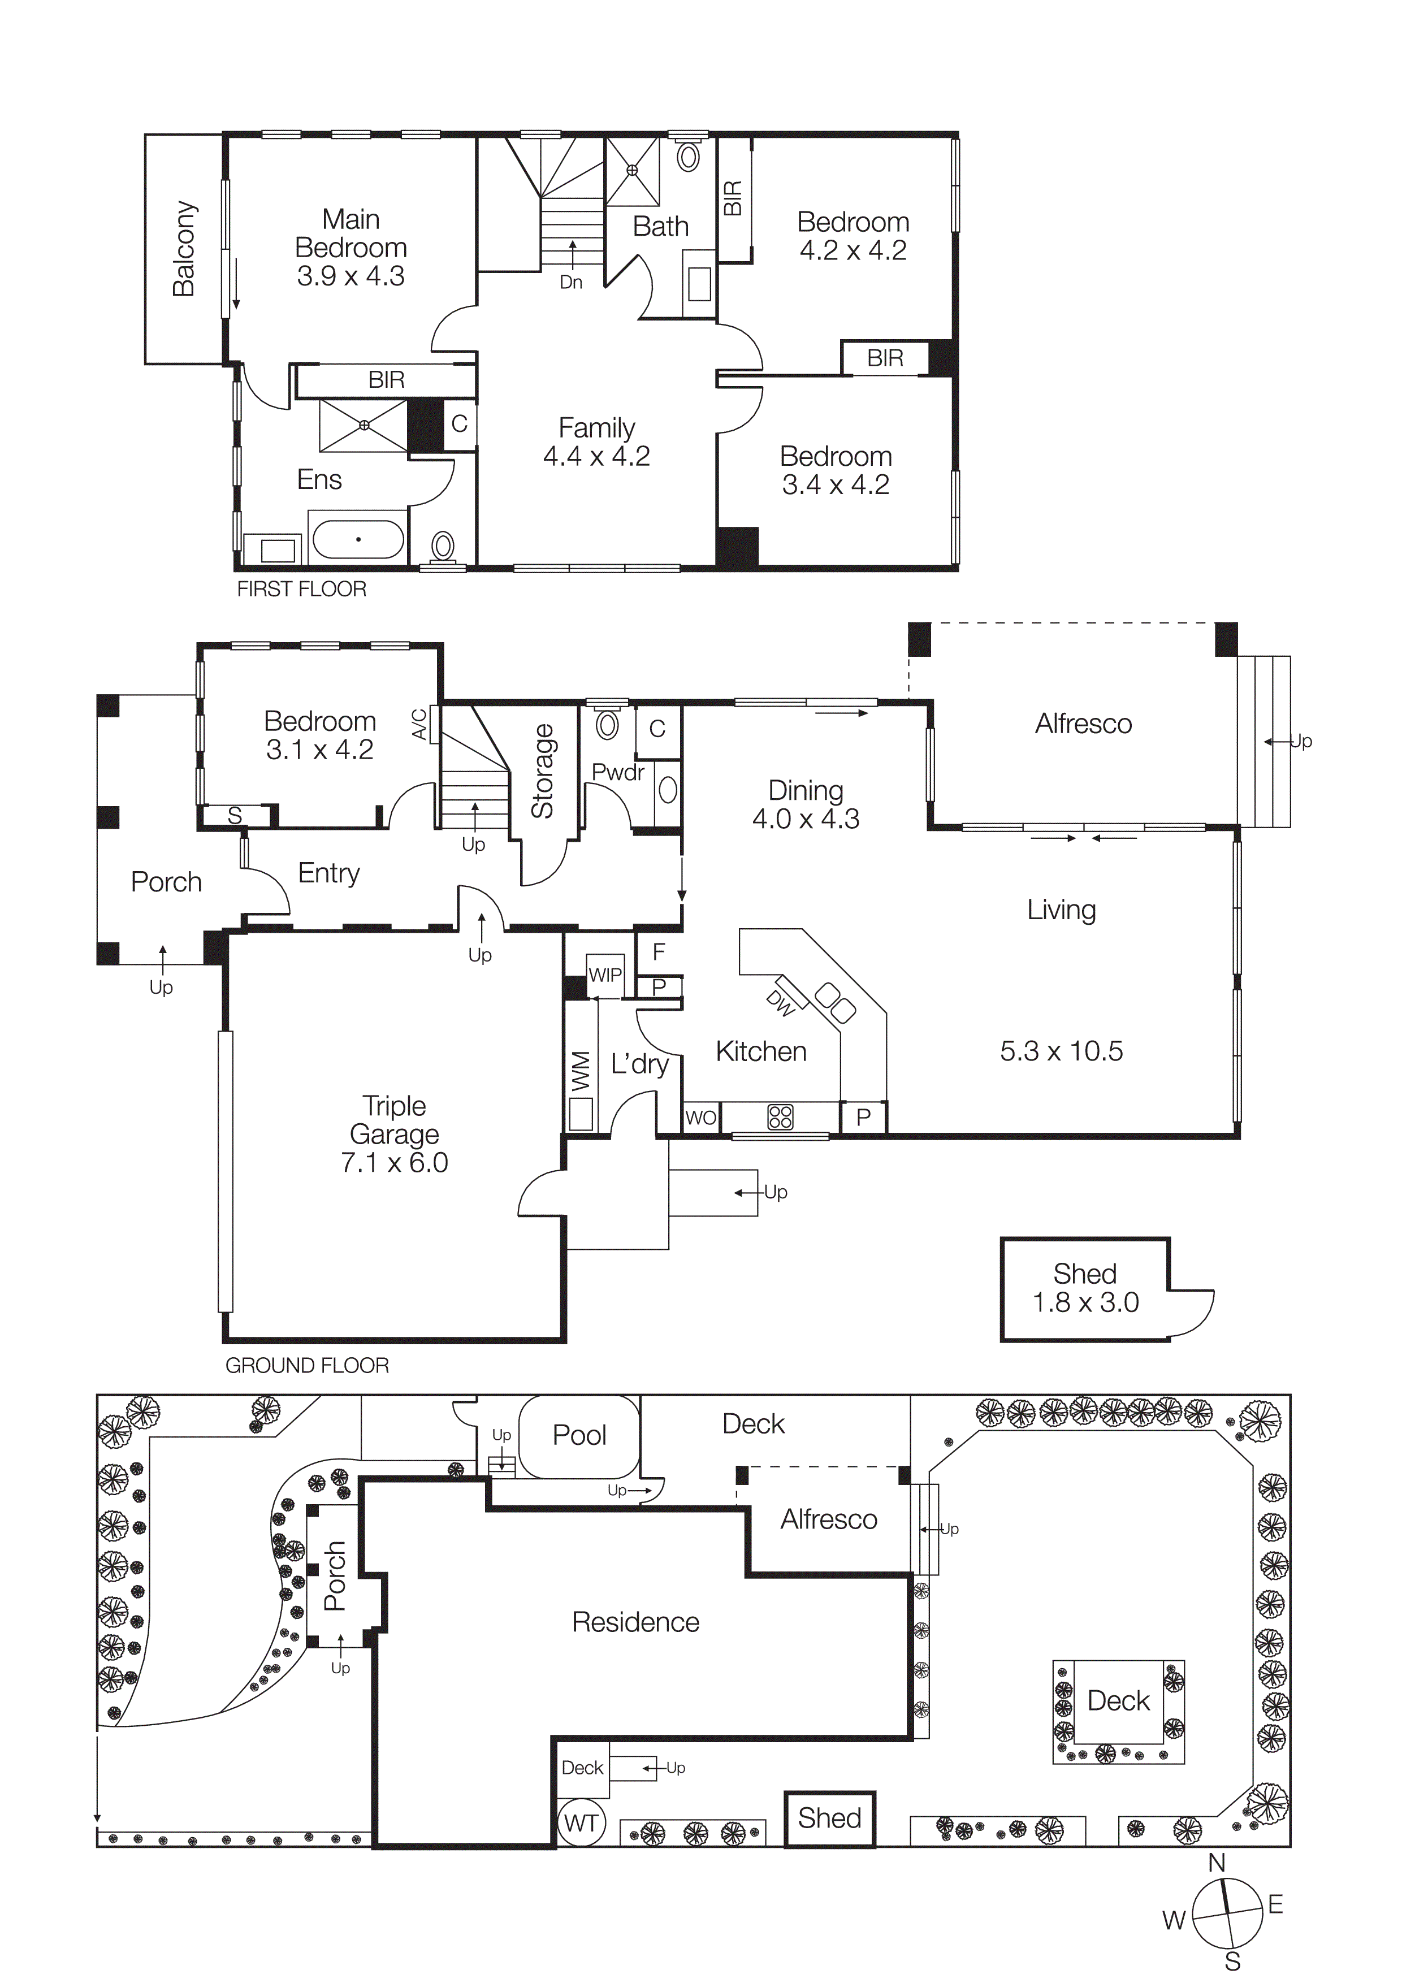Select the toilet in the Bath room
click(x=687, y=157)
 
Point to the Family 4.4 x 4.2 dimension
click(x=596, y=456)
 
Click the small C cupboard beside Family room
click(x=460, y=423)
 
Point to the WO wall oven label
click(x=700, y=1118)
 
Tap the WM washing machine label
click(x=581, y=1071)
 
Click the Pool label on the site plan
click(x=579, y=1435)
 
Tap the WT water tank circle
click(x=581, y=1823)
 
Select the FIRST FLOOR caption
click(x=301, y=589)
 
